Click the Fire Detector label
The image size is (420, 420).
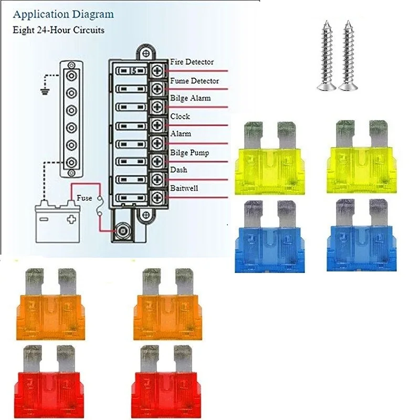(x=192, y=62)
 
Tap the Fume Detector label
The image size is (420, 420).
(x=194, y=81)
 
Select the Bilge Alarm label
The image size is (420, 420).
(x=190, y=98)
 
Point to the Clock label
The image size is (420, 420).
(x=180, y=116)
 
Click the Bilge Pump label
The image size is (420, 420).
(x=190, y=153)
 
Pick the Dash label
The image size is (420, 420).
(x=178, y=170)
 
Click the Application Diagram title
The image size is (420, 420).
(x=62, y=14)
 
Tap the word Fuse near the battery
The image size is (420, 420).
(x=85, y=198)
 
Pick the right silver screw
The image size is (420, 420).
(x=347, y=55)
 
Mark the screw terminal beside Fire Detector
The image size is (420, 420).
(x=157, y=70)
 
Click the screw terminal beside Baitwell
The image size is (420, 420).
(x=157, y=197)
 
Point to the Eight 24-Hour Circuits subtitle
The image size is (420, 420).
(x=58, y=30)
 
